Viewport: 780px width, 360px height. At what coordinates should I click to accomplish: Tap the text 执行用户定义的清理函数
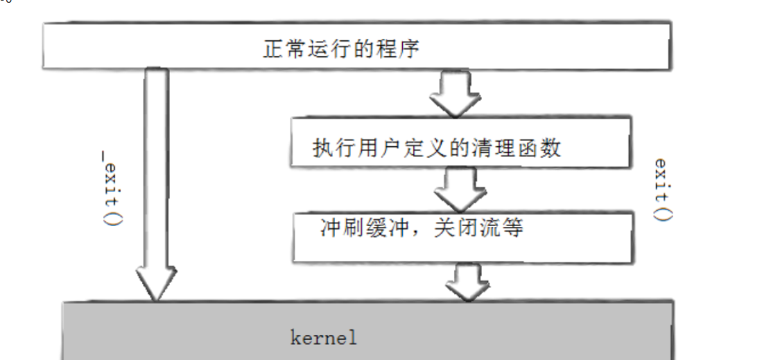(x=437, y=148)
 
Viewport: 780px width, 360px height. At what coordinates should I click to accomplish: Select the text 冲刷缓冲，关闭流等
(x=421, y=227)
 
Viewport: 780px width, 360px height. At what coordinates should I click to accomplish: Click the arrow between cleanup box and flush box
(x=458, y=188)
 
